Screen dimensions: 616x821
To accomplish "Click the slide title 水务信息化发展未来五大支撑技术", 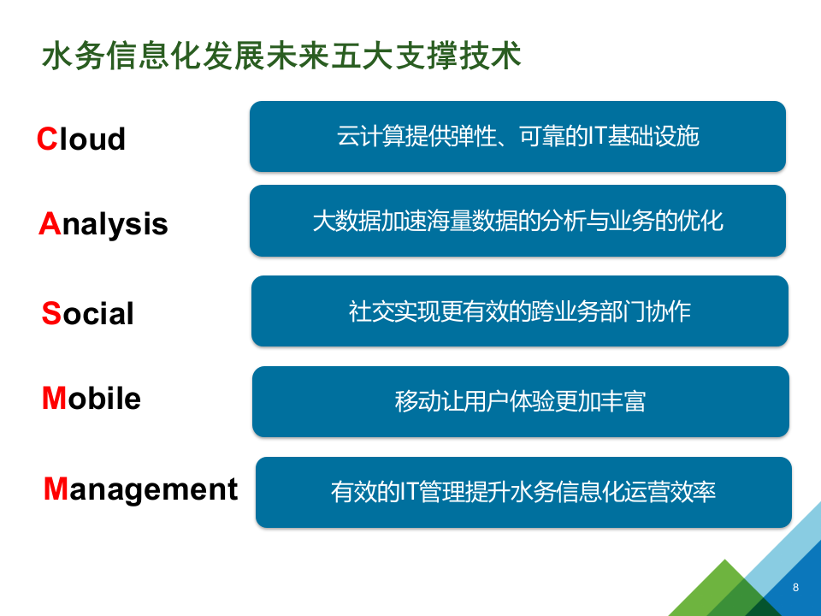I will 281,56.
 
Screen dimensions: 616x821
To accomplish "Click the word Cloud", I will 81,139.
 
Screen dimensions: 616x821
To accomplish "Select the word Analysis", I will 103,224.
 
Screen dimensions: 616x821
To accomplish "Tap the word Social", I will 88,314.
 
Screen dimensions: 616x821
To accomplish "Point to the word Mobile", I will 92,399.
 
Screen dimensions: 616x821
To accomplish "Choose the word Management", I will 141,489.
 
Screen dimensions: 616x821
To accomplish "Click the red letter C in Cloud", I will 46,139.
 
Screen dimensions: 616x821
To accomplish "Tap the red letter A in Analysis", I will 49,224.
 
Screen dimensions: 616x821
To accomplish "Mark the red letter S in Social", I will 51,314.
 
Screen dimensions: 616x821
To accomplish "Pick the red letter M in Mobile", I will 54,399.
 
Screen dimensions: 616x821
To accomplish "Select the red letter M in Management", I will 56,489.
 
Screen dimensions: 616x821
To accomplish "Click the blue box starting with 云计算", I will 517,136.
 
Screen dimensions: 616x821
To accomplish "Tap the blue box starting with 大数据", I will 517,221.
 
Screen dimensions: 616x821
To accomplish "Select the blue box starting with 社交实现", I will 519,311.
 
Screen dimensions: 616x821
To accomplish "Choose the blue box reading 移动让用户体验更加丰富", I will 520,401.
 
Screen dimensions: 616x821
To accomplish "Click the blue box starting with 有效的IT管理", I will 523,492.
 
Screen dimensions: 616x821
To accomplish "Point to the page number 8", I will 796,587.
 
